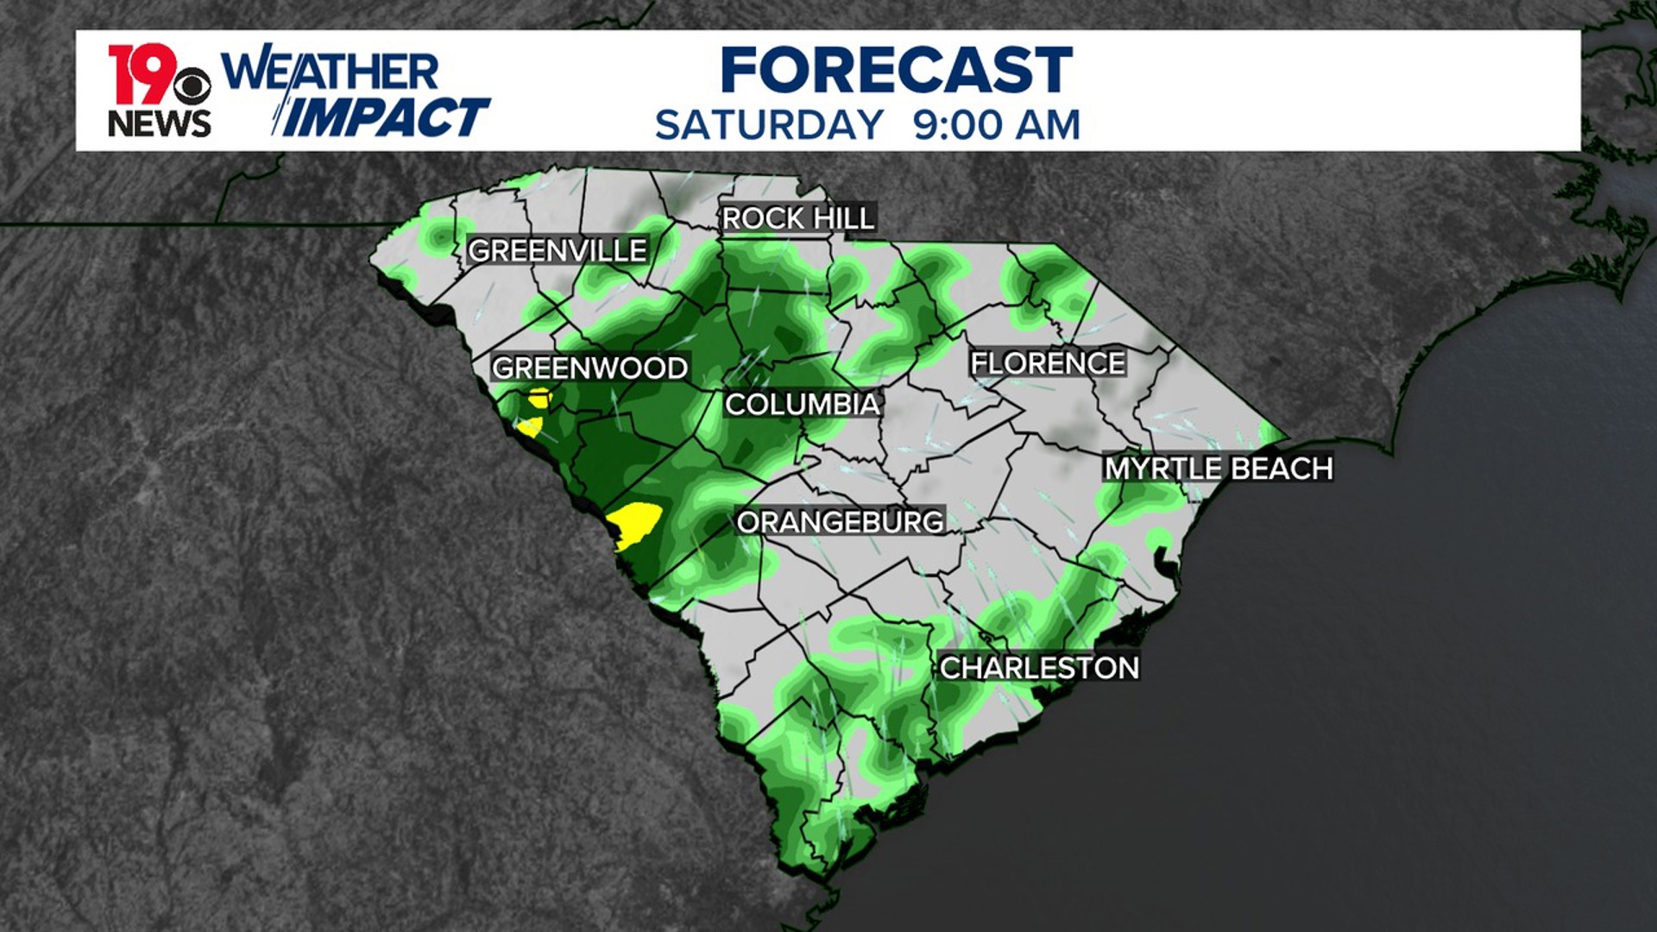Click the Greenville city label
(557, 251)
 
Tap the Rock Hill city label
(798, 219)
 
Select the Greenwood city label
(589, 368)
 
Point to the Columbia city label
(802, 404)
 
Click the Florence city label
(1048, 363)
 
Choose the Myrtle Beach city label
(1219, 469)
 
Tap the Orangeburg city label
(840, 522)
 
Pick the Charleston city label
(1039, 668)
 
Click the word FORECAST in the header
(896, 71)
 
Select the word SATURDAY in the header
(769, 126)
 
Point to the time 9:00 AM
(997, 126)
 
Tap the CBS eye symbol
(192, 87)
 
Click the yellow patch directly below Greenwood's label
(539, 398)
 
